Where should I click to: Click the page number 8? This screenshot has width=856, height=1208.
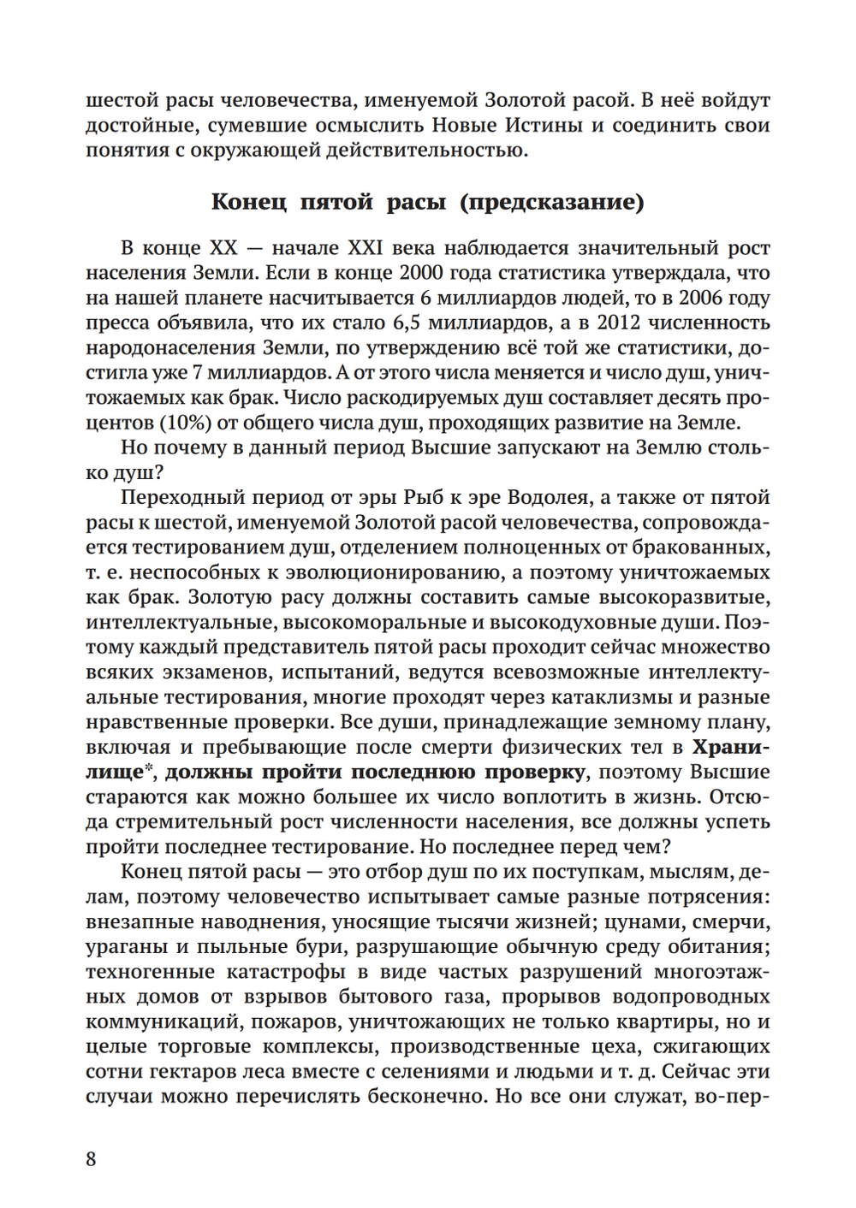(x=92, y=1159)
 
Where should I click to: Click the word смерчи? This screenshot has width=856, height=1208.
(x=734, y=922)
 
